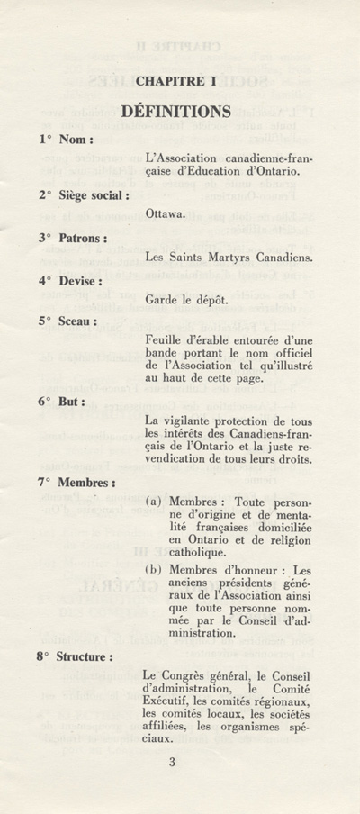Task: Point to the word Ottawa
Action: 164,214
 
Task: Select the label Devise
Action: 79,280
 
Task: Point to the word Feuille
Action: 165,339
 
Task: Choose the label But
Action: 71,402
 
